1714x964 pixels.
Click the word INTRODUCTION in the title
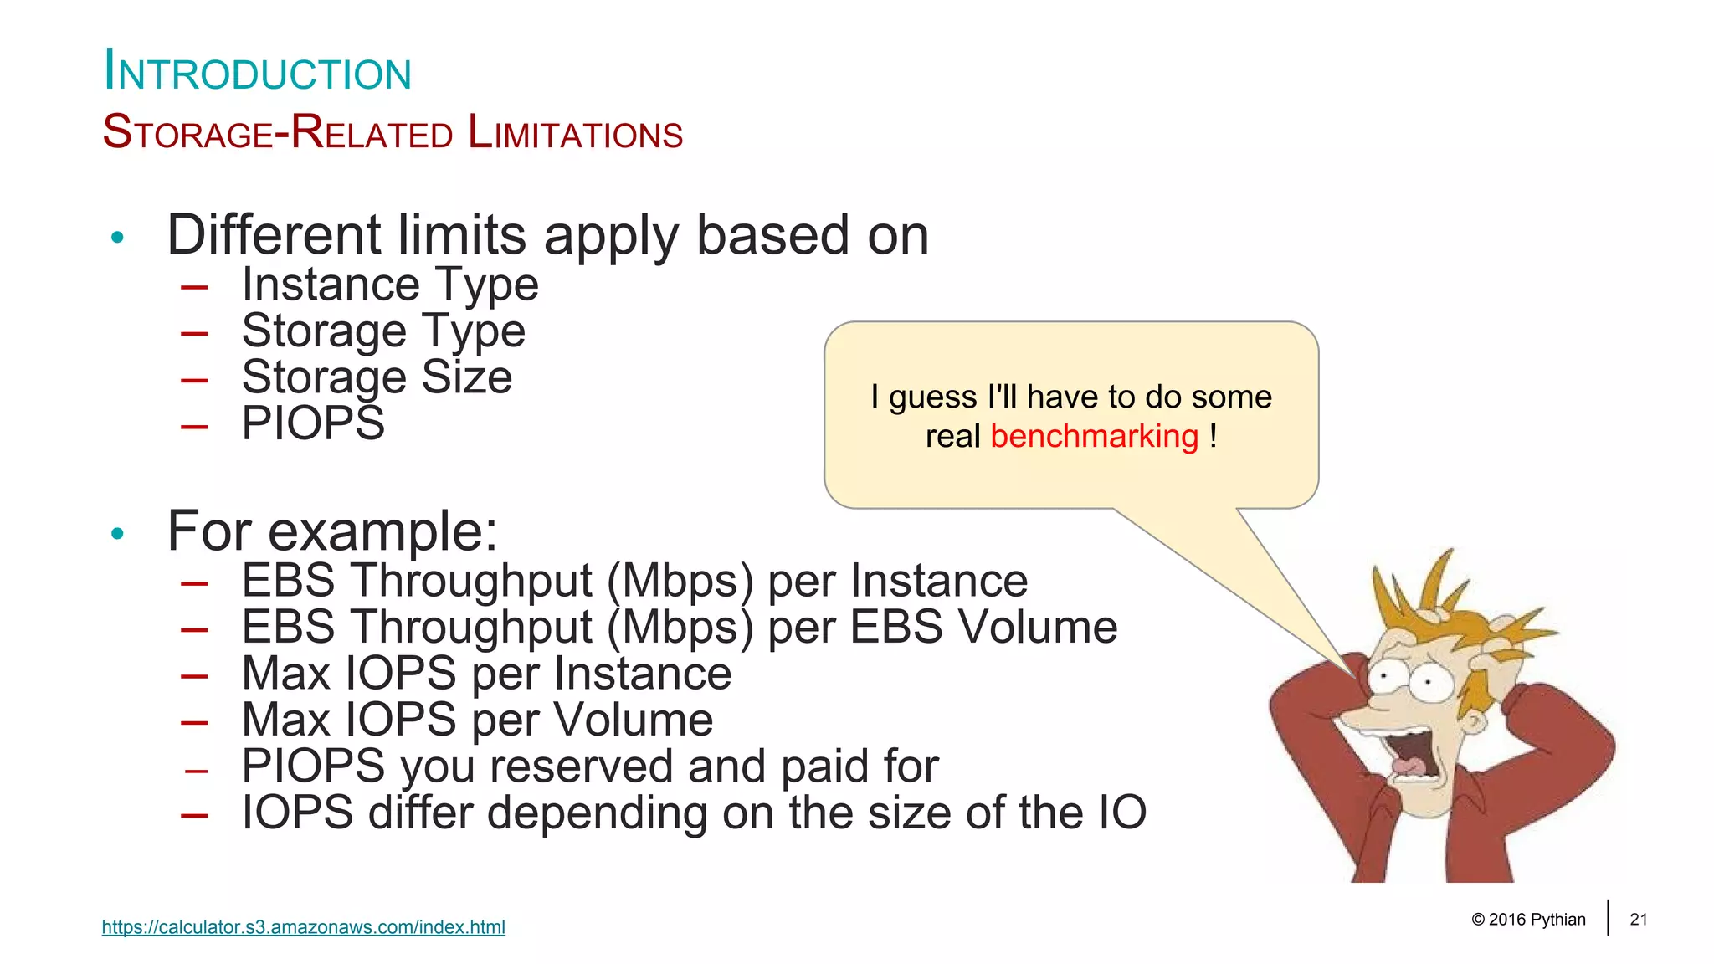(257, 72)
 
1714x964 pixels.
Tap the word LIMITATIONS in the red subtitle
(575, 134)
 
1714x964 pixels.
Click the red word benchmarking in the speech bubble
(1094, 437)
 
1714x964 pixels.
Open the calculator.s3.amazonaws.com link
(303, 927)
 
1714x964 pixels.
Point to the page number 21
(1638, 920)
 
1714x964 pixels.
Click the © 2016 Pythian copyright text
(1527, 920)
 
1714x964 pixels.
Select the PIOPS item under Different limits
(313, 423)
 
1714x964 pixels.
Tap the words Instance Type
(390, 285)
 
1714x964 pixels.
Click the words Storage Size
(377, 377)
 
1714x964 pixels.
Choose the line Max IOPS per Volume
(477, 720)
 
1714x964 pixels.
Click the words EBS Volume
(983, 628)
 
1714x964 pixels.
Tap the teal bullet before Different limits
(117, 238)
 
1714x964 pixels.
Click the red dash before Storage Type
(194, 333)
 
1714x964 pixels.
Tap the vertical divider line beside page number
(1608, 917)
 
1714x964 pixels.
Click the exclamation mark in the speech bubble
(1213, 437)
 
